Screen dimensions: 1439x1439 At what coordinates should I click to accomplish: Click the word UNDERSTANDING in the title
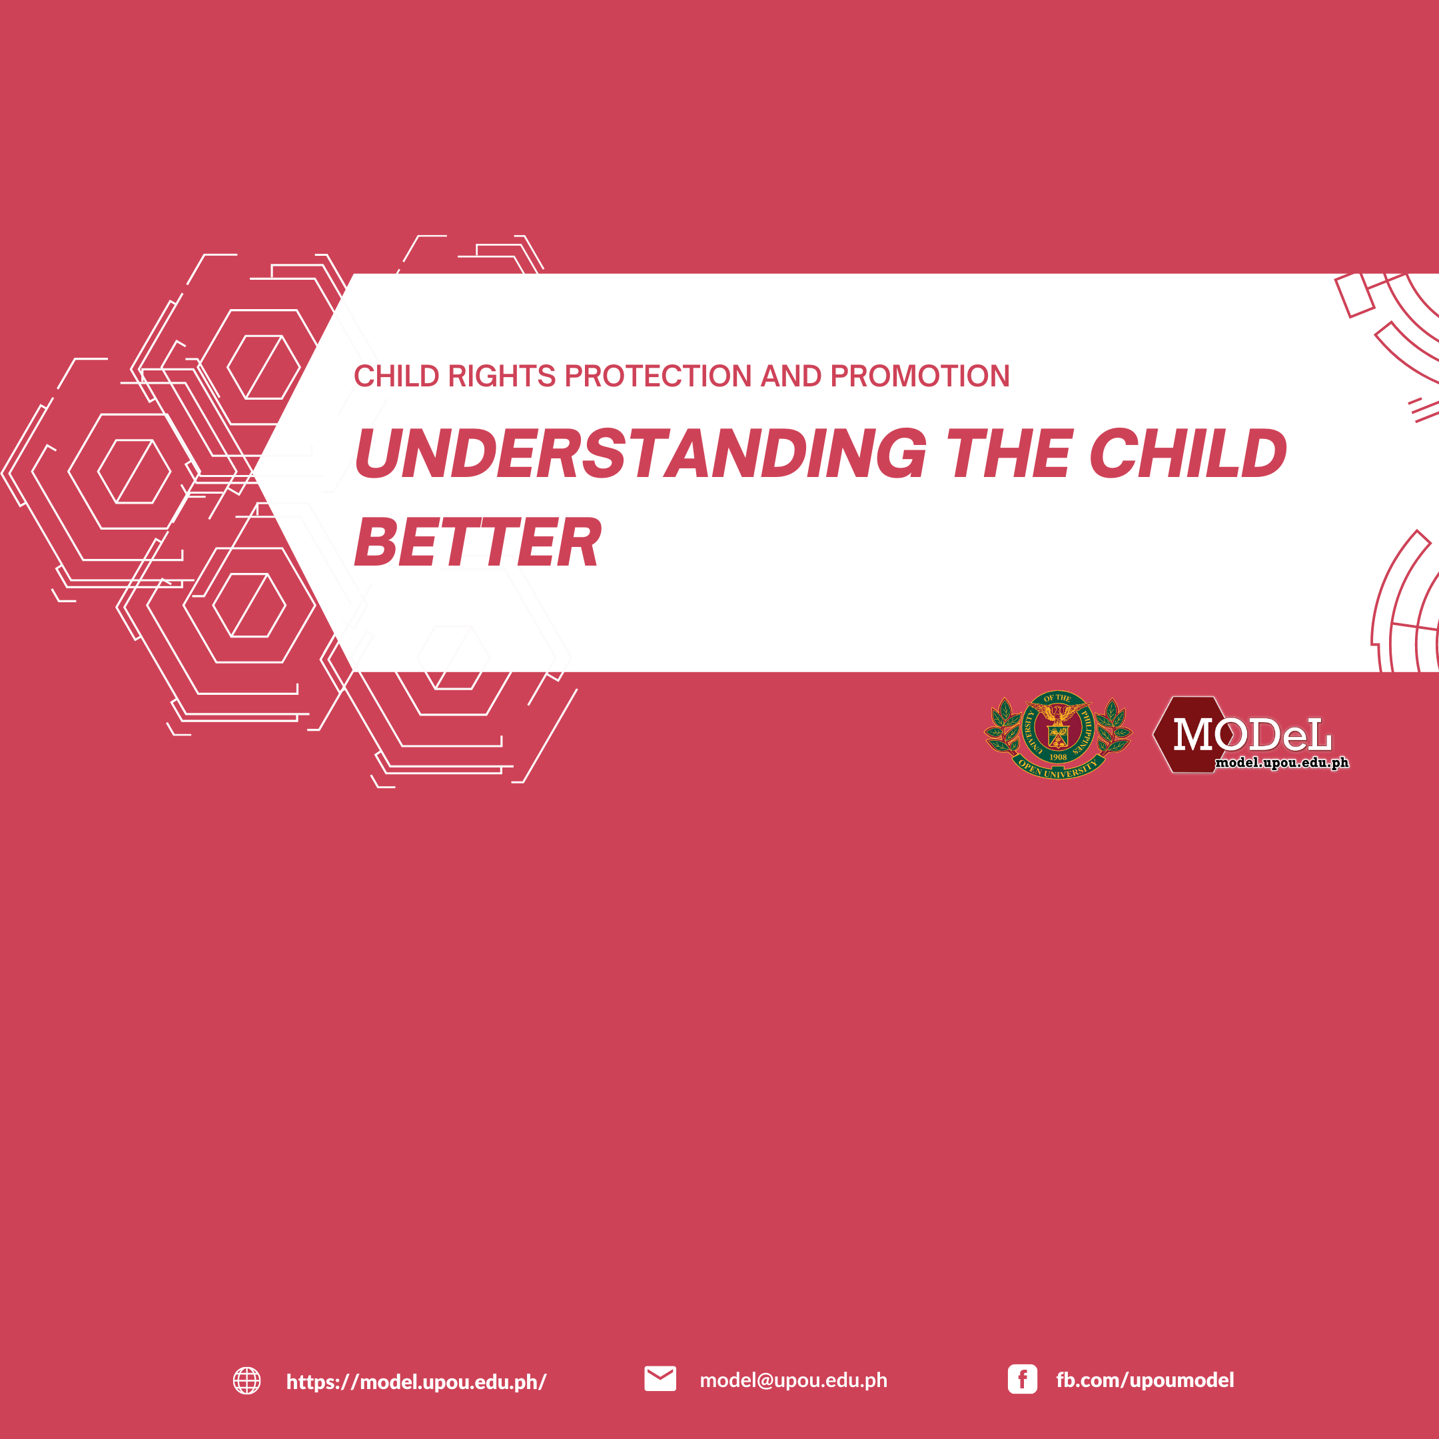[640, 453]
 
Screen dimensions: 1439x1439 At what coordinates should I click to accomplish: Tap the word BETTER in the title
[478, 542]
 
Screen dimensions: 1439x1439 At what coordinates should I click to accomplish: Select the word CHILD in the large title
[1187, 453]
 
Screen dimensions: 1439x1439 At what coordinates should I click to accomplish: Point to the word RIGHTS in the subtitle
[501, 376]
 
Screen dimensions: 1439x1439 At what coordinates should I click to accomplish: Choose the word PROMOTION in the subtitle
[920, 376]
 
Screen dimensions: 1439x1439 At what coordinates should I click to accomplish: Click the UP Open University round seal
[1058, 734]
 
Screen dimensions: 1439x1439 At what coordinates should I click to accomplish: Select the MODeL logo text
[1252, 734]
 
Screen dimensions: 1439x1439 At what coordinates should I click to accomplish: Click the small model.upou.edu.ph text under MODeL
[1282, 763]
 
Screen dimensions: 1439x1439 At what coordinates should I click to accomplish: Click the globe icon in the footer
[246, 1380]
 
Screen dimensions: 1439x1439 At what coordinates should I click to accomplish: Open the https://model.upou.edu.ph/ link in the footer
[416, 1382]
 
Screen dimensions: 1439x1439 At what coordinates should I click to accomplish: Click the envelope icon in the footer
[660, 1378]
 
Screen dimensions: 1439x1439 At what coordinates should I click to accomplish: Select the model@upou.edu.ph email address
[793, 1380]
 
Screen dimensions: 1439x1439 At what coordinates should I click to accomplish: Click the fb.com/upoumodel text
[1145, 1380]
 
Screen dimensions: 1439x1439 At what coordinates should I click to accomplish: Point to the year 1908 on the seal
[1058, 757]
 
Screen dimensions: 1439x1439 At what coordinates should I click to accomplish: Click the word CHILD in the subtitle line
[396, 376]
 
